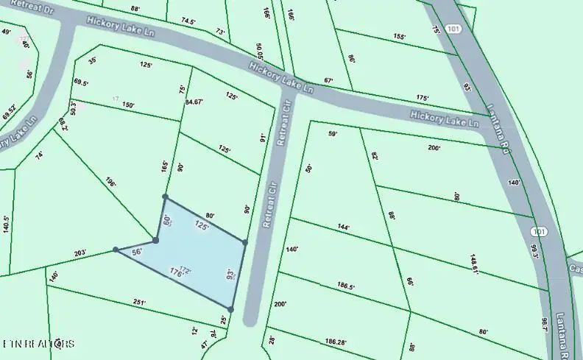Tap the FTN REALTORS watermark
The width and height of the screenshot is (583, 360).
pos(38,344)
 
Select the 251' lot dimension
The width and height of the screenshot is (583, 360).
pos(139,303)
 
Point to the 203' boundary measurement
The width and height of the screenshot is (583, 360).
pos(80,253)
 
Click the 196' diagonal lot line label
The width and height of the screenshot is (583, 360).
pos(111,182)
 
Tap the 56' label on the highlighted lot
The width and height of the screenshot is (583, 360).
pos(136,251)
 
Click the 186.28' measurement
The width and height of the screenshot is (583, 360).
pos(335,342)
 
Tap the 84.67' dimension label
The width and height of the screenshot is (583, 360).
pos(194,102)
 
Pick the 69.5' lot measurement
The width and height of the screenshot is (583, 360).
pos(81,83)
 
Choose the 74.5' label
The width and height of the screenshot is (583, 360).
pos(188,22)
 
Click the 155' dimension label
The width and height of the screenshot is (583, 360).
pos(400,36)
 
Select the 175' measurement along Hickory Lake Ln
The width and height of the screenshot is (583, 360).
pos(422,98)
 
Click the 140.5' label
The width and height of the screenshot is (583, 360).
pos(5,225)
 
